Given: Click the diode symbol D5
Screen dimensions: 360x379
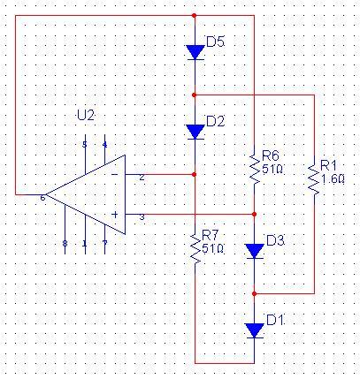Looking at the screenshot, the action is (x=195, y=52).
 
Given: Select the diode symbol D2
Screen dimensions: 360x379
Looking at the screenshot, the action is (x=195, y=132).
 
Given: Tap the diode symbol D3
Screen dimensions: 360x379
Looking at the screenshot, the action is (x=255, y=251).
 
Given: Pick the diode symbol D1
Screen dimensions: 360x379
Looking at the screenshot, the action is (x=255, y=330).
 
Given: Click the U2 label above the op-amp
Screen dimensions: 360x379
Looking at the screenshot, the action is (x=86, y=116).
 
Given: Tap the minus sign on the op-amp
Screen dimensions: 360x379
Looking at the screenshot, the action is (x=114, y=174).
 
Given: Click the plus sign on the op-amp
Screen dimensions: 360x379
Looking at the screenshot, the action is (x=115, y=215).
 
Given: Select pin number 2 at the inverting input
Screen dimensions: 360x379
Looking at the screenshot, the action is (x=142, y=178).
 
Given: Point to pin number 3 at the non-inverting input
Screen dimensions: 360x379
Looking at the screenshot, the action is (x=142, y=217).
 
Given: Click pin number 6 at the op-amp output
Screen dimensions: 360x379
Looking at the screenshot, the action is (x=42, y=198).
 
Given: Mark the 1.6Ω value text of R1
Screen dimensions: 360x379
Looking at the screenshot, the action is (x=332, y=178).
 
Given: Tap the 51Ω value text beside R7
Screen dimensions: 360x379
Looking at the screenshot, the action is (x=212, y=249).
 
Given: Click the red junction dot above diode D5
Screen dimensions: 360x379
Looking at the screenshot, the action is (x=194, y=15).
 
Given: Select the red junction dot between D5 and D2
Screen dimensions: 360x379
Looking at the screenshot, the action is (x=194, y=95).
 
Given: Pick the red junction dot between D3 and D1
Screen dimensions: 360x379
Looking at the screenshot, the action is (x=255, y=293).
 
